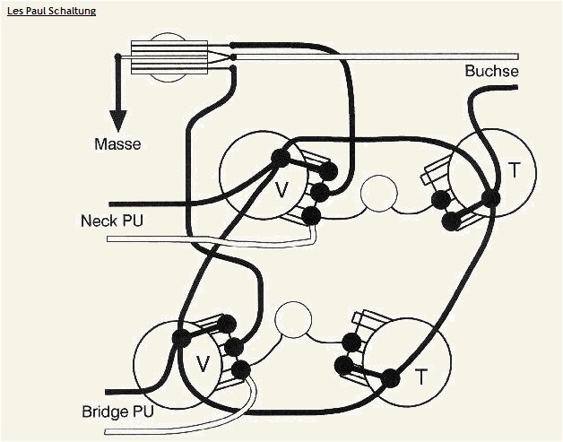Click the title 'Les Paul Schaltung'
[52, 11]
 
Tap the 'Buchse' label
[491, 71]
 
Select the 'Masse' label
[117, 143]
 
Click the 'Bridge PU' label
[117, 412]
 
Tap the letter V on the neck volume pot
[281, 189]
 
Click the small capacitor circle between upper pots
[379, 193]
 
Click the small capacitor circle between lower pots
[292, 318]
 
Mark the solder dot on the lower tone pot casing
[390, 378]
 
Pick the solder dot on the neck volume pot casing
[281, 159]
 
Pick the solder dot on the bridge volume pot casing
[182, 338]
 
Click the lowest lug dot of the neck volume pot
[310, 214]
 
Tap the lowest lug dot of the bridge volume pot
[240, 368]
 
